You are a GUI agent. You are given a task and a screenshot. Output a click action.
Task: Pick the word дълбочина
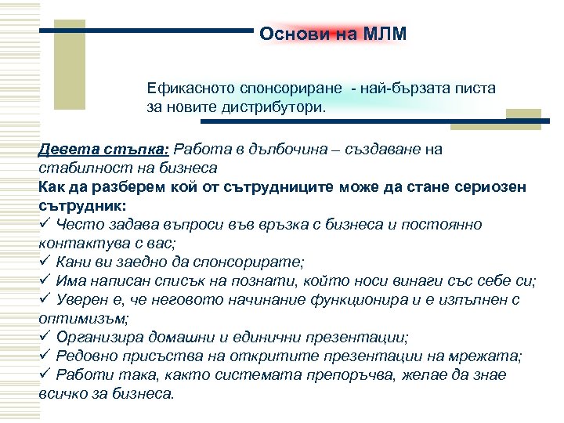tap(280, 149)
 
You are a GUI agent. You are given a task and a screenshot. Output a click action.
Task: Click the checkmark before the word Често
tap(44, 224)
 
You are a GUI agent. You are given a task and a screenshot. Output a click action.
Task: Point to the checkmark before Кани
tap(44, 262)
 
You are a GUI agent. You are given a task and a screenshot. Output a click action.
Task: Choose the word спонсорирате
tap(255, 262)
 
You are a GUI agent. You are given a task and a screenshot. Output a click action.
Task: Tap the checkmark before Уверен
tap(44, 299)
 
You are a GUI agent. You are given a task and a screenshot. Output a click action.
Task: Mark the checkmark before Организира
tap(44, 337)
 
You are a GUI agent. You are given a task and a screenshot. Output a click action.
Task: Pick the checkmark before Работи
tap(44, 374)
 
